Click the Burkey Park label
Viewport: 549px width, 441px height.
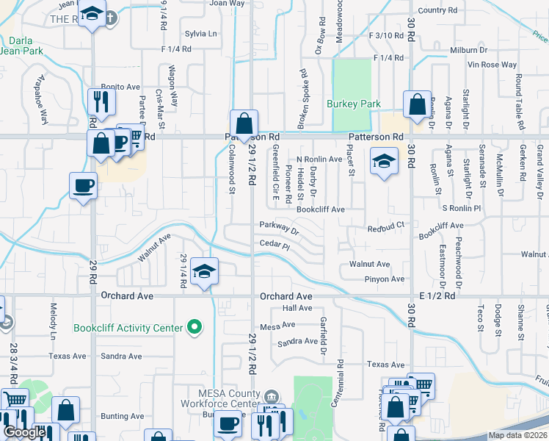pos(354,104)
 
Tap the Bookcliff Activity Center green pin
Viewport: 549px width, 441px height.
pos(194,326)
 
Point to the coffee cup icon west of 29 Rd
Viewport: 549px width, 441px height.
pos(83,184)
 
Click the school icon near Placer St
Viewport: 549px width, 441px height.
pos(383,160)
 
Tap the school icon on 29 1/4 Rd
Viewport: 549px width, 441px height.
pos(204,270)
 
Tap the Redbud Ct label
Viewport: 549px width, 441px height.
pos(386,229)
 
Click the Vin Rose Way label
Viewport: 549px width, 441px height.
pos(492,65)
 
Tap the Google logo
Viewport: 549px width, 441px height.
pos(24,432)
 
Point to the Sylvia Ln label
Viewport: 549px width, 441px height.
pos(200,34)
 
